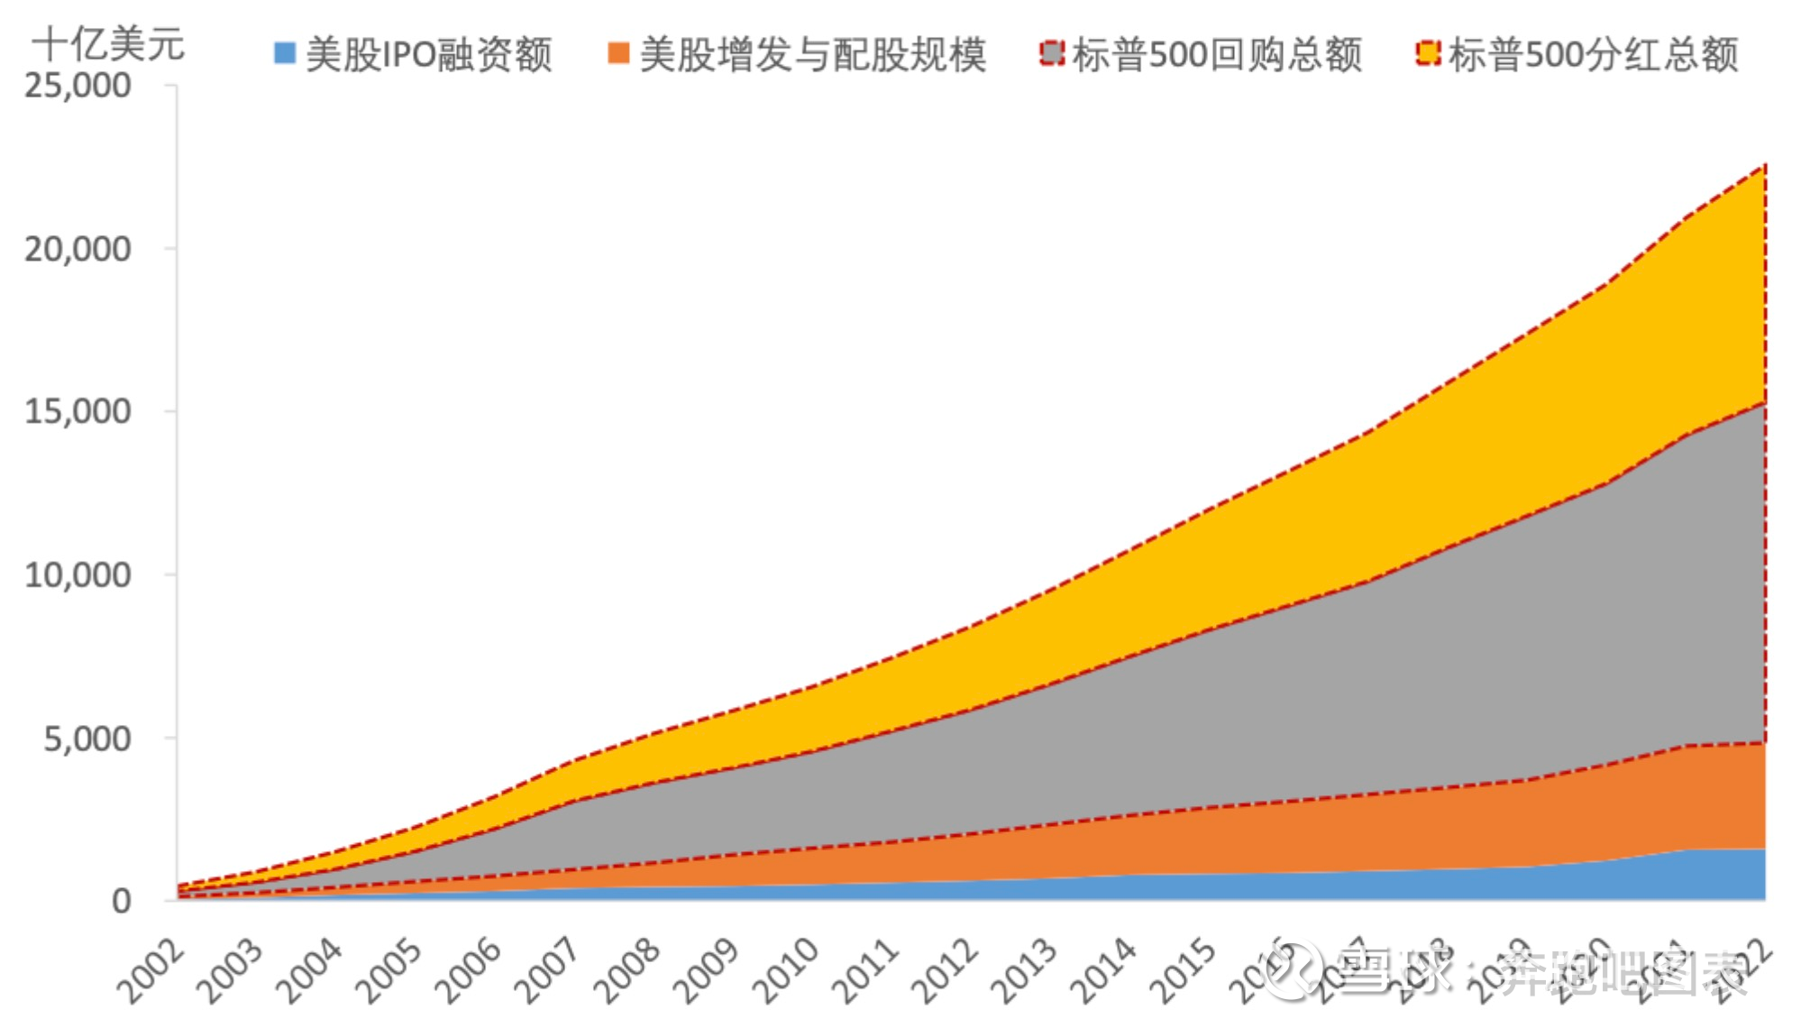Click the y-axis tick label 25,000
[x=78, y=87]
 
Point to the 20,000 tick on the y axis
[x=78, y=249]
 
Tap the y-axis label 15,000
[x=78, y=412]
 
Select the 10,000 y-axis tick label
[x=78, y=575]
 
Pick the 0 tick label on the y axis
[x=121, y=901]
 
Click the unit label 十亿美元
[x=108, y=43]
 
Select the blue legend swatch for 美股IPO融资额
[x=285, y=53]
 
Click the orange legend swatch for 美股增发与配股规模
[x=618, y=53]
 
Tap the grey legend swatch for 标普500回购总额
[x=1051, y=53]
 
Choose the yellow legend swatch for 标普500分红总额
[x=1428, y=53]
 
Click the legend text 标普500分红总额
[x=1594, y=54]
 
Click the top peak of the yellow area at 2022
[x=1764, y=165]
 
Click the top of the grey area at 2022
[x=1764, y=403]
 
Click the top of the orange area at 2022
[x=1764, y=743]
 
